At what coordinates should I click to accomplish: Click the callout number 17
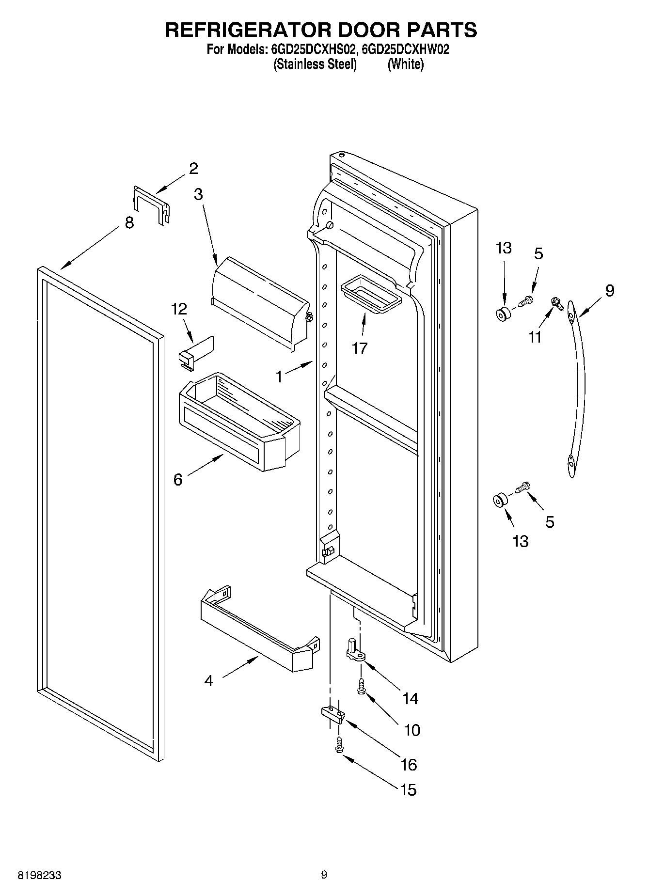tap(360, 348)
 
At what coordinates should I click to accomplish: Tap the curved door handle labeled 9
tap(577, 388)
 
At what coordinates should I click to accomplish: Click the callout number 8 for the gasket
tap(129, 223)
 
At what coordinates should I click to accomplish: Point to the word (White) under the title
tap(405, 64)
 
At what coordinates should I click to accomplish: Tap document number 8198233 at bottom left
tap(39, 875)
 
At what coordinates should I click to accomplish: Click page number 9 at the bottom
tap(324, 875)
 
